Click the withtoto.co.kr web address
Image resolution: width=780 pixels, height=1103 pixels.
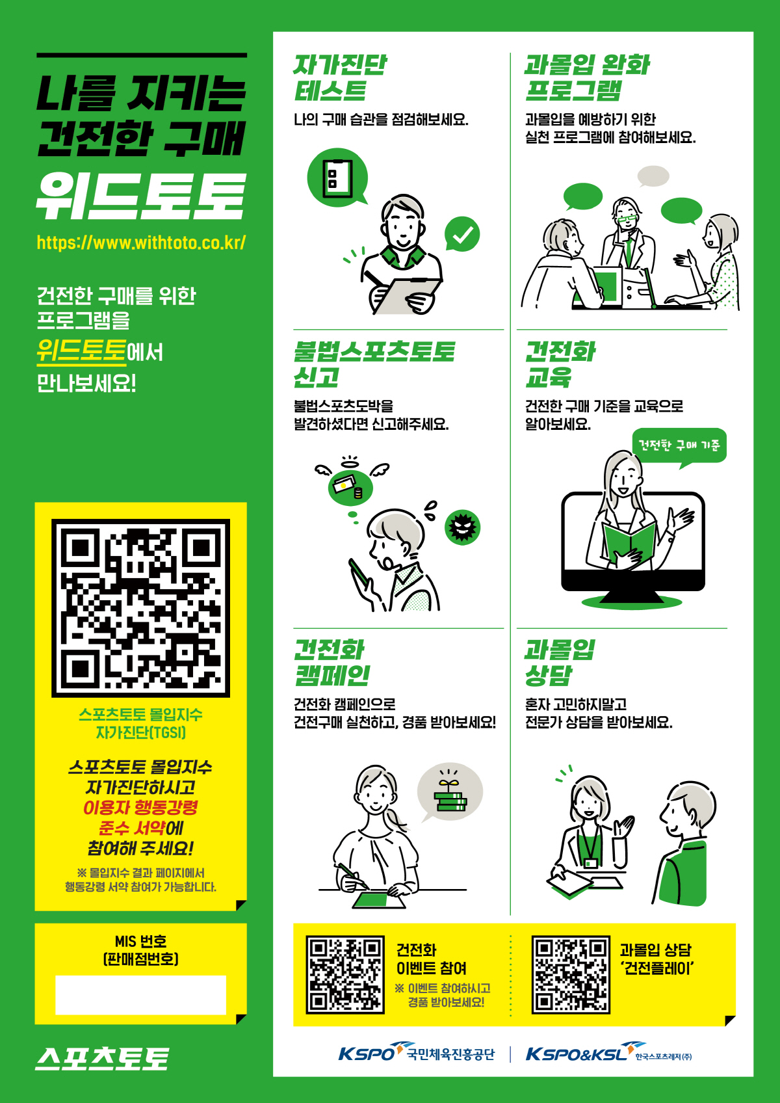[x=141, y=243]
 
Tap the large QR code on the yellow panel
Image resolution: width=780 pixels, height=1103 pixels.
[x=141, y=608]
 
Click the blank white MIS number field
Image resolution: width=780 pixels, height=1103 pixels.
[x=141, y=994]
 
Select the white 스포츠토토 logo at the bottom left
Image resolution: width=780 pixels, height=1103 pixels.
[x=102, y=1059]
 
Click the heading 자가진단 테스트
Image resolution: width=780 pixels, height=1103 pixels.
[x=339, y=78]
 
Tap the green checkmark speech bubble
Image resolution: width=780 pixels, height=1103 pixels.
[x=462, y=234]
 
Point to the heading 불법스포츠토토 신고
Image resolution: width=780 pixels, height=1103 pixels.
[x=374, y=364]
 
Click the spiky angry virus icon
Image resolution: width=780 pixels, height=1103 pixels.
[x=462, y=527]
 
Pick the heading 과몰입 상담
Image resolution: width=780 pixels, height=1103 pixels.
[x=560, y=662]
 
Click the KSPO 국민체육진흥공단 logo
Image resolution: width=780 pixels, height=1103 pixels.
[x=417, y=1054]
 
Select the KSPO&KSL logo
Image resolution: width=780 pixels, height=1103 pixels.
[x=609, y=1054]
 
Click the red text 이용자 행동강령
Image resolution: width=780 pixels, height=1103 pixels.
[x=141, y=808]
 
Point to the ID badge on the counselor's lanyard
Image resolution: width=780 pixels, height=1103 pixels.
[x=591, y=863]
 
